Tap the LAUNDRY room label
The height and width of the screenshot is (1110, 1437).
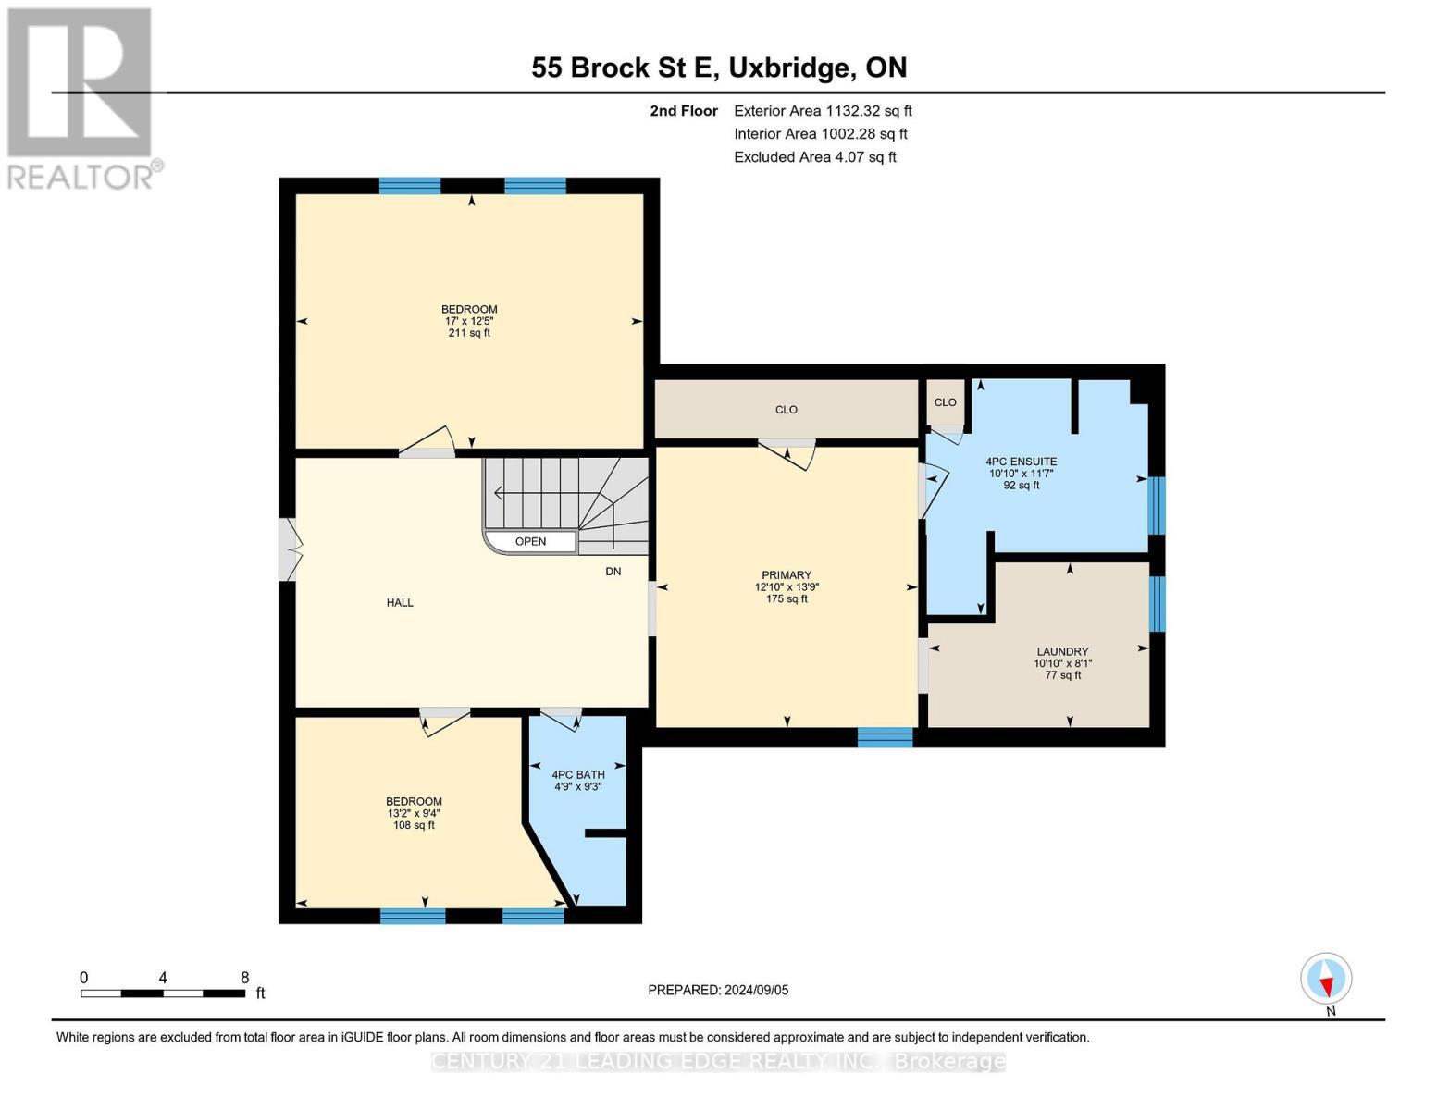point(1062,651)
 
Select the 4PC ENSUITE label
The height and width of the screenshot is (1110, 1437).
point(1021,462)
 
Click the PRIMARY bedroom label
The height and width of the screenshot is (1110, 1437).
point(787,575)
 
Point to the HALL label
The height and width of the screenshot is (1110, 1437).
point(400,603)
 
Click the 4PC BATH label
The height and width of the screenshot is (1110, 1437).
point(578,775)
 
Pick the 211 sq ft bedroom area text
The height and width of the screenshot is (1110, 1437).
point(469,333)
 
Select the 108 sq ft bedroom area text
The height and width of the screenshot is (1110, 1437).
point(414,825)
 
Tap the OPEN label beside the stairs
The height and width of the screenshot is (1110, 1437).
point(530,542)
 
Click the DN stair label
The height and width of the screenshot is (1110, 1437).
point(613,572)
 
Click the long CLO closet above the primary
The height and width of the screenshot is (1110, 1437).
point(786,410)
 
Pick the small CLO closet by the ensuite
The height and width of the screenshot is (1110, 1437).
point(945,402)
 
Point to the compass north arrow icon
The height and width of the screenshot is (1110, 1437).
point(1326,979)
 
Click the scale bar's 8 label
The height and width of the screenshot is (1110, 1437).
point(244,978)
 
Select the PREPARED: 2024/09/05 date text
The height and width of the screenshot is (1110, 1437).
point(718,990)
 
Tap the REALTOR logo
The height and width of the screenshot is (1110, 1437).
point(81,97)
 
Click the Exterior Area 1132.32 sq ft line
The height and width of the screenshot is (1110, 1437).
point(823,111)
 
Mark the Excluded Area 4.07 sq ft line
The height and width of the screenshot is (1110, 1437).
point(814,157)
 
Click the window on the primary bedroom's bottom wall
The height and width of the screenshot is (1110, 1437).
point(885,737)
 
